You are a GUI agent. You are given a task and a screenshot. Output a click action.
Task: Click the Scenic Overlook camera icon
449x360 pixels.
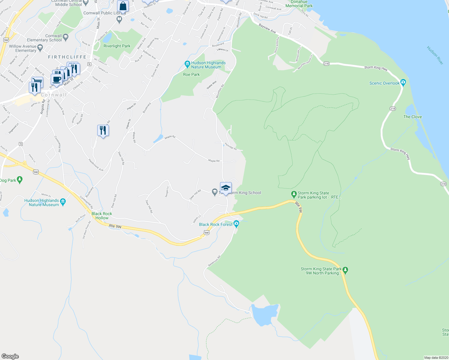point(403,82)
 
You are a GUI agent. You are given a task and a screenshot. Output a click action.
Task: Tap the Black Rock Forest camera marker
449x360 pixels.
point(236,223)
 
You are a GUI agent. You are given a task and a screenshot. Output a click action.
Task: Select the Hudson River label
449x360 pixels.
point(435,55)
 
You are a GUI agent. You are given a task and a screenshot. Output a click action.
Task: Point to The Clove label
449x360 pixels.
point(412,117)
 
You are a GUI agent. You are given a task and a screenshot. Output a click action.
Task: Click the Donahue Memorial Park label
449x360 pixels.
point(299,4)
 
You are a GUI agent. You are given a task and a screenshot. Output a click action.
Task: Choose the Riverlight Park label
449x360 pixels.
point(117,46)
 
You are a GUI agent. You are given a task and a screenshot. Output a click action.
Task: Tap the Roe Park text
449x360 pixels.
point(191,74)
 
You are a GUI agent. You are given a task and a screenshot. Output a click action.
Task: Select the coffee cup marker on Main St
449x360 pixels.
point(56,80)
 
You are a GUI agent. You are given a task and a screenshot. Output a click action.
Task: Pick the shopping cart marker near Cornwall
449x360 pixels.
point(38,81)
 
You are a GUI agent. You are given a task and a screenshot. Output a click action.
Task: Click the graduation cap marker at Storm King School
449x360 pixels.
point(226,188)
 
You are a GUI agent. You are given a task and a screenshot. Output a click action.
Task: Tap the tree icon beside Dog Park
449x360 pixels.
point(20,180)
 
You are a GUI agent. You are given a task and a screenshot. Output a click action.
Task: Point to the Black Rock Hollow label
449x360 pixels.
point(102,216)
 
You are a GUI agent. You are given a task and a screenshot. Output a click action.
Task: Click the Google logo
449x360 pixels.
point(10,356)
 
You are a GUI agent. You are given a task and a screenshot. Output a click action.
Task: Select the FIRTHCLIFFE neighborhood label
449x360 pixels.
point(67,57)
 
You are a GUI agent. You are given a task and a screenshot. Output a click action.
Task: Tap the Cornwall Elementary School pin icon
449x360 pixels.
point(66,37)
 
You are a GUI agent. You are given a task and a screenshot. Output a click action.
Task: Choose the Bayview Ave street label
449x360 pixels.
point(267,29)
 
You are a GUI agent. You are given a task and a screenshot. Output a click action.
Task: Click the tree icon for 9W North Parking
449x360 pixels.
point(345,271)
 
